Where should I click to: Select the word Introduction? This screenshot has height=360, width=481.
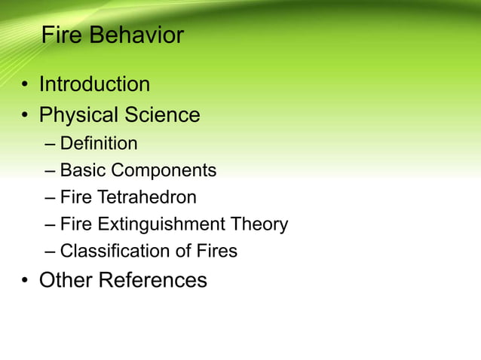[94, 84]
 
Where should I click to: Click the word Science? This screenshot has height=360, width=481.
[162, 115]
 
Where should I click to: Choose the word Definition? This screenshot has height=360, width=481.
[99, 143]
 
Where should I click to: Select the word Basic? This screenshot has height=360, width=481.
[82, 170]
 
